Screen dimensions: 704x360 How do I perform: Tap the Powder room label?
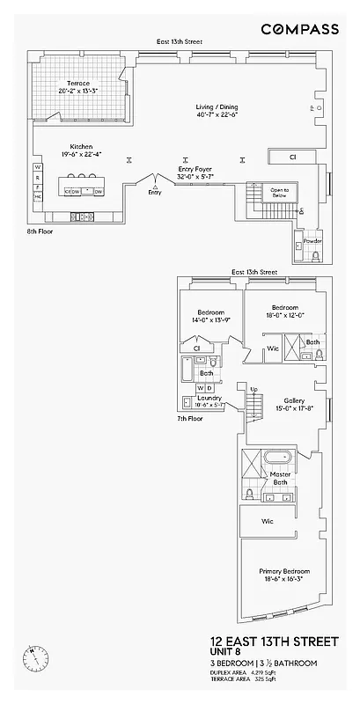(x=312, y=240)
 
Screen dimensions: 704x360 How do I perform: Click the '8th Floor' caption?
(x=40, y=233)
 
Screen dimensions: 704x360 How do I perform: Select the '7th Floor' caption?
(x=189, y=418)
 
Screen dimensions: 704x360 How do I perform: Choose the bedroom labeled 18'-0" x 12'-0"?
(x=284, y=311)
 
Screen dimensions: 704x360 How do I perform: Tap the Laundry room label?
(x=209, y=398)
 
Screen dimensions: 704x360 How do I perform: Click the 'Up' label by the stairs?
(x=254, y=390)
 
